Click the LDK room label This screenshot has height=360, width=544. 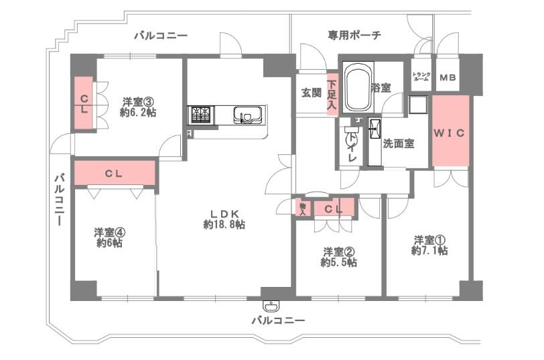tap(224, 219)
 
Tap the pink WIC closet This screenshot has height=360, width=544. tap(450, 131)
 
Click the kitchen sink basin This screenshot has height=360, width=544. tap(247, 115)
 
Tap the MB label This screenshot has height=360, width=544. tap(448, 77)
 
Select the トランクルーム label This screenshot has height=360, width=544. tap(421, 76)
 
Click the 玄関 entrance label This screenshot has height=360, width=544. tap(312, 93)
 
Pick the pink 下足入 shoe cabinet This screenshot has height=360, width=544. tap(332, 93)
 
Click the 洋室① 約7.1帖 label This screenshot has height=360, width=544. tap(429, 245)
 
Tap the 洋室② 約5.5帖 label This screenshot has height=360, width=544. tap(338, 257)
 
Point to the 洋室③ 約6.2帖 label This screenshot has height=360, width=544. tap(138, 107)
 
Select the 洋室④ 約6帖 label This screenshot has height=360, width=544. tap(109, 237)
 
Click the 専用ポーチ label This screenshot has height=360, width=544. tap(354, 35)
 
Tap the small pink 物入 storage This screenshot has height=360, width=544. tap(303, 207)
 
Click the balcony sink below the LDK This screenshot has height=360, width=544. tap(271, 306)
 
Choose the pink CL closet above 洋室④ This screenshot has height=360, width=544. tap(115, 173)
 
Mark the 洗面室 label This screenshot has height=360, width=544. tap(398, 143)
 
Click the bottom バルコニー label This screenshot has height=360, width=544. tap(278, 320)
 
